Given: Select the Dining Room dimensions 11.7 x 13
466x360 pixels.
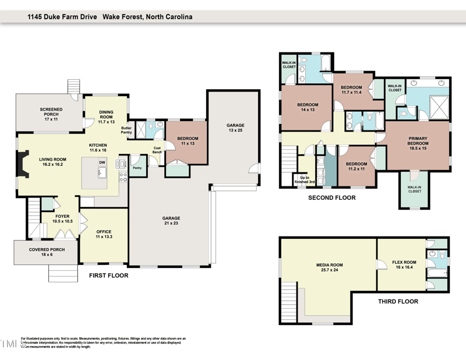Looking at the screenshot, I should tap(107, 122).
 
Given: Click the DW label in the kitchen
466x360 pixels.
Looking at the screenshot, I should tap(102, 162).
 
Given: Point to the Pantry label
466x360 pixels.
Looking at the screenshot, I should tap(137, 168).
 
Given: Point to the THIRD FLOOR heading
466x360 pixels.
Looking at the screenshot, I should tap(398, 302).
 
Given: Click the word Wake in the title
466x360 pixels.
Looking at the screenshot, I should tap(113, 17).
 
